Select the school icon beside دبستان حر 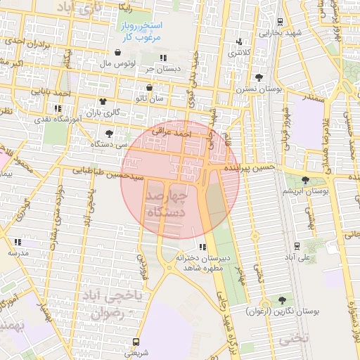(x=163, y=58)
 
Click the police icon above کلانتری (x=240, y=41)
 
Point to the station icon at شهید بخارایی (x=281, y=21)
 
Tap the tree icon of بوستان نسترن (x=259, y=77)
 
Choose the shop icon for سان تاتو (x=149, y=88)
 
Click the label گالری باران (x=103, y=112)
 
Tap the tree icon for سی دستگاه (x=109, y=133)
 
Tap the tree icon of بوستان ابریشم (x=304, y=181)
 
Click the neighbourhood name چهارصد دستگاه (x=167, y=204)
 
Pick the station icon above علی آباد (x=297, y=246)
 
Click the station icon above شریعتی (x=136, y=342)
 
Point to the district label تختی (x=294, y=338)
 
